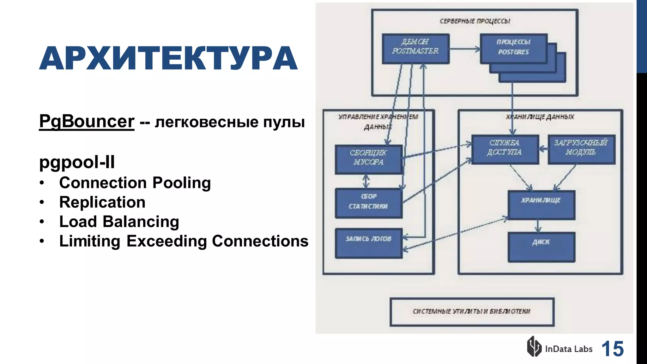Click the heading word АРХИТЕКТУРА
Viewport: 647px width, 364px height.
tap(168, 58)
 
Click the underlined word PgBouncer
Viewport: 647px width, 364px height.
tap(87, 122)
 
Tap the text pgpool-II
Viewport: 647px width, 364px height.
tap(77, 162)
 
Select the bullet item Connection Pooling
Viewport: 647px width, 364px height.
tap(135, 183)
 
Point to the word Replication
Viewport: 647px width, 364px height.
tap(102, 202)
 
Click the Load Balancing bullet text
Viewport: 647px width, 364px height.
tap(119, 222)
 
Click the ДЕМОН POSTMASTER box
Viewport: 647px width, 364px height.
tap(415, 49)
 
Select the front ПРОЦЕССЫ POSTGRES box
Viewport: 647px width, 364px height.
tap(513, 48)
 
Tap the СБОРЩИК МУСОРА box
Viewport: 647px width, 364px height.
tap(368, 159)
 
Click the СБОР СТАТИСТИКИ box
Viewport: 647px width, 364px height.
tap(368, 203)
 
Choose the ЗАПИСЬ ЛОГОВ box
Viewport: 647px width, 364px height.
tap(368, 243)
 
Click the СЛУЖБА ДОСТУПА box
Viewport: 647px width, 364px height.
tap(505, 149)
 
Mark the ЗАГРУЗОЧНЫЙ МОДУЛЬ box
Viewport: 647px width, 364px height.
tap(581, 149)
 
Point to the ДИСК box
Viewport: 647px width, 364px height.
tap(541, 247)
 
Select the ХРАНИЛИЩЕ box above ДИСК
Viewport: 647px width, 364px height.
tap(541, 205)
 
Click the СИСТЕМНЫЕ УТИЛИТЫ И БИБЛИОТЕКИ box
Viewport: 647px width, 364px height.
tap(472, 312)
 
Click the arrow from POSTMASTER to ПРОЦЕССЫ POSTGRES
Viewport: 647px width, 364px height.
tap(464, 49)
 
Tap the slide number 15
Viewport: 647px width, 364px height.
tap(612, 349)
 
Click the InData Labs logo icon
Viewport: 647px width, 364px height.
tap(534, 347)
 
